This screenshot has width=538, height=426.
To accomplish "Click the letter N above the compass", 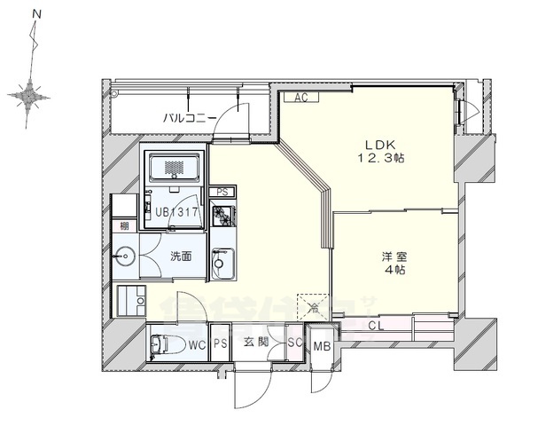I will (x=36, y=14).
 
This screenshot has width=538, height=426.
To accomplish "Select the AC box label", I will (x=299, y=99).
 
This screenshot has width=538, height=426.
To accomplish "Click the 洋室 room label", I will (x=394, y=256).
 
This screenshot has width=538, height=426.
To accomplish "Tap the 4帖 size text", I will (x=394, y=272).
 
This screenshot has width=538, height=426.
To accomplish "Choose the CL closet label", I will (x=376, y=327).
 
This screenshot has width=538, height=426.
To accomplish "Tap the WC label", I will (x=197, y=343).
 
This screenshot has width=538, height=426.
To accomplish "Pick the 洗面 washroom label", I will (x=182, y=256).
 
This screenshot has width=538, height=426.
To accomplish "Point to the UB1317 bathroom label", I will (x=176, y=212).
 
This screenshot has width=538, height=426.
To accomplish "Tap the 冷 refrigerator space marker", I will (x=313, y=308).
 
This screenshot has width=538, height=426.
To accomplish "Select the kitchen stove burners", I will (x=222, y=215).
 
